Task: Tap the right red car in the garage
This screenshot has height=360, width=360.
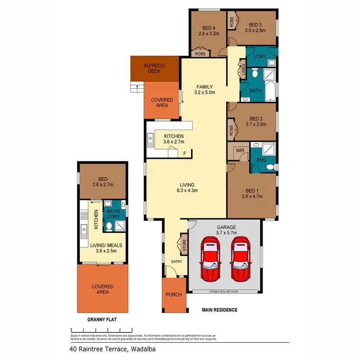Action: click(x=240, y=259)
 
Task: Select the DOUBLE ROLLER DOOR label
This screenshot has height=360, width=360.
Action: click(x=225, y=291)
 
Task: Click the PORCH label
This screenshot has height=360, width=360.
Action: click(x=174, y=295)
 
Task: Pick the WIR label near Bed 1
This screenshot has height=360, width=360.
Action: click(x=239, y=150)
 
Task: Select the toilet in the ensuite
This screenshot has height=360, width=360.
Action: click(x=271, y=167)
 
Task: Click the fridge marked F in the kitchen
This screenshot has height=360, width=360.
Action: click(x=185, y=154)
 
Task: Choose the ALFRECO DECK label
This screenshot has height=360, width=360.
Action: click(x=154, y=68)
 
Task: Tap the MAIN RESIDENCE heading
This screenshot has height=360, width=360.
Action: click(x=219, y=310)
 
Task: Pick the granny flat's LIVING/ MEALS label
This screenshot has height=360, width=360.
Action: click(x=106, y=245)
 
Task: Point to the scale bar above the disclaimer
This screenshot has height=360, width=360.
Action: click(x=101, y=329)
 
